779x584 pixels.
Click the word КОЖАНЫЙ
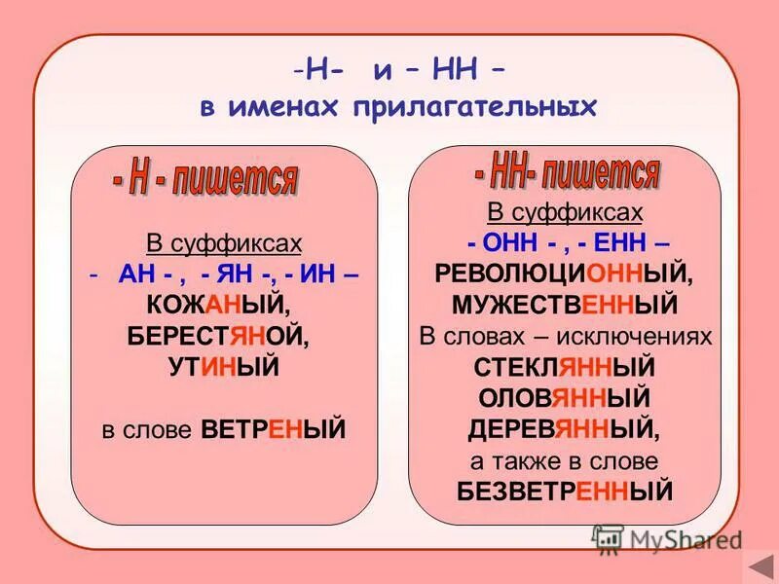[224, 306]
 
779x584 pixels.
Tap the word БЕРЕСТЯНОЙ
[224, 337]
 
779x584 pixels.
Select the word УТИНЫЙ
[224, 367]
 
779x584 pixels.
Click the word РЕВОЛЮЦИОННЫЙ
[564, 274]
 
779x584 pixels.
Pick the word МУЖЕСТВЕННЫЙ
[564, 306]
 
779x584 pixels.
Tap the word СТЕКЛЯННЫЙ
[564, 367]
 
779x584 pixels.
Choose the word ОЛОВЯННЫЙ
[564, 398]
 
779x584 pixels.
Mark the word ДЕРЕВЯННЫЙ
[564, 429]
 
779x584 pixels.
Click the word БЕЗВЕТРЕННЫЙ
[565, 492]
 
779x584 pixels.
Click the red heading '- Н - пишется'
[204, 179]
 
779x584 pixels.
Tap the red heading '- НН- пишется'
[567, 173]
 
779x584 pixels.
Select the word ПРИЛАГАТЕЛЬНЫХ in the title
[465, 107]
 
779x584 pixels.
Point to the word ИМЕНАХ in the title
[277, 107]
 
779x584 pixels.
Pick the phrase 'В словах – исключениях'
[565, 337]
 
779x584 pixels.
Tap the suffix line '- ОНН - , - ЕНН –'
[565, 243]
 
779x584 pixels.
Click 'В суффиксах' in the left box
[224, 243]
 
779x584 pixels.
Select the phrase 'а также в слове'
[565, 460]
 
